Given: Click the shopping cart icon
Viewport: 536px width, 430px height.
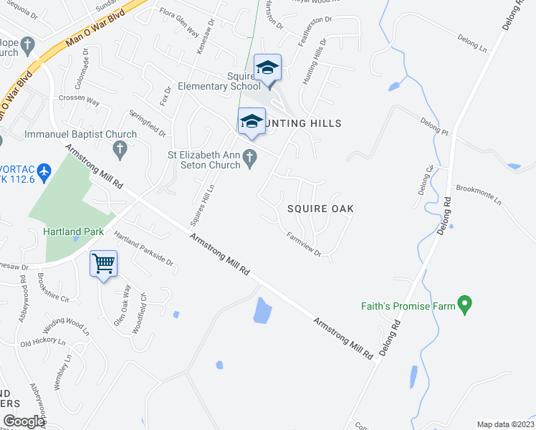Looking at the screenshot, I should click(103, 264).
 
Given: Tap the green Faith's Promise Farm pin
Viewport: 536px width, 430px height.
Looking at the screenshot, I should click(465, 305).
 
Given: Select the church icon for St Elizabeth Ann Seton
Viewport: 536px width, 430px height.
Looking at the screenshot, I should click(250, 158).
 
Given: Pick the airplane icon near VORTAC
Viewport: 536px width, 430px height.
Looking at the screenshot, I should click(44, 171).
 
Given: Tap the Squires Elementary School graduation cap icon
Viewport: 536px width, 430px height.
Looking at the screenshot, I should click(267, 68).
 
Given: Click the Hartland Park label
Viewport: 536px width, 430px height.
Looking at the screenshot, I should click(73, 231).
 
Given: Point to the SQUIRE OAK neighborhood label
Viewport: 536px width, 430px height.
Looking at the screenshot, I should click(321, 209).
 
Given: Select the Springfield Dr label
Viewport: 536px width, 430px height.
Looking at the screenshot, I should click(148, 123).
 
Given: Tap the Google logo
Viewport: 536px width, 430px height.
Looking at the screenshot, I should click(24, 421).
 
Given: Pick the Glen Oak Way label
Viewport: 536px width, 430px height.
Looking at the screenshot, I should click(123, 305).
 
